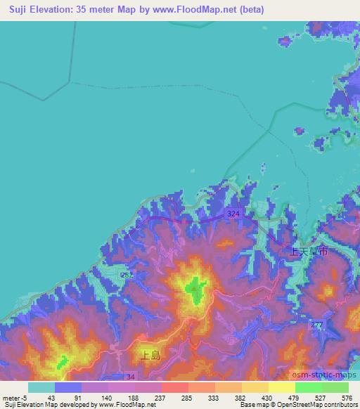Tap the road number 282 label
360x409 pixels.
pos(127,275)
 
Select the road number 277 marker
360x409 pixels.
pos(317,324)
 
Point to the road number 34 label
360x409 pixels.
pos(129,377)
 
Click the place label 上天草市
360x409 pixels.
pos(310,250)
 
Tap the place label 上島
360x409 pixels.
pos(151,356)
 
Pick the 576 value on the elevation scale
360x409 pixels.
pos(346,398)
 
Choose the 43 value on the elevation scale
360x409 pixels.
pos(51,398)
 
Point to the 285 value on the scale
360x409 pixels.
pos(186,398)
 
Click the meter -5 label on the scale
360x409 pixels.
pos(15,398)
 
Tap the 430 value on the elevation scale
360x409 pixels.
pos(266,398)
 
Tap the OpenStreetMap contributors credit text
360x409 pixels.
pos(309,405)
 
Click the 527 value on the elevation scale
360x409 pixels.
pos(319,398)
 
